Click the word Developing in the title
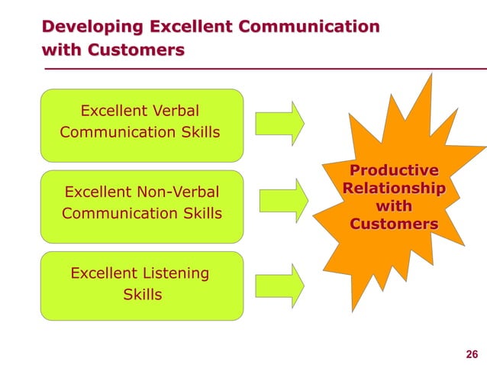92,28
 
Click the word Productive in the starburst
394,170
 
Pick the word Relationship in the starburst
394,188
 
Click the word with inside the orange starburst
394,206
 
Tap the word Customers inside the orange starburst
394,224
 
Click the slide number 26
471,352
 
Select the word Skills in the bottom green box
142,294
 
